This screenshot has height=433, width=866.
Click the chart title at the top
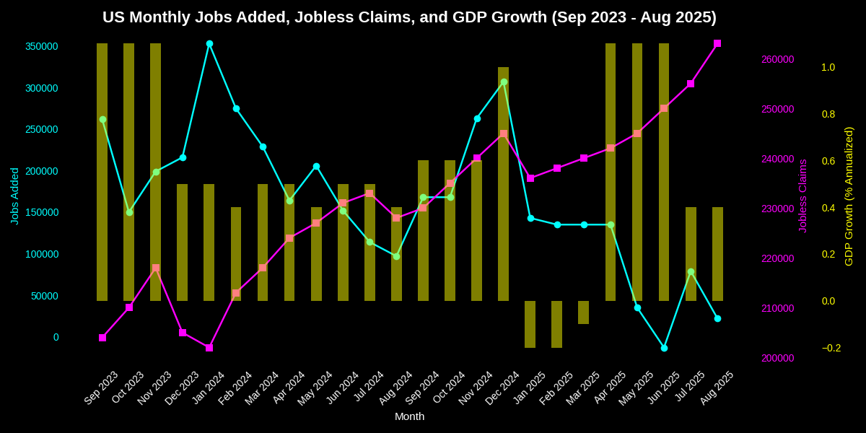409,17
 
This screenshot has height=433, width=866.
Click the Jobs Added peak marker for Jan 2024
209,44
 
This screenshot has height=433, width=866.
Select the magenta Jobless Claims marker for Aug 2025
717,44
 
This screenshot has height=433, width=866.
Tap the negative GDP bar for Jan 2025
530,324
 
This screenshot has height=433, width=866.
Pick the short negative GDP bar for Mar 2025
583,312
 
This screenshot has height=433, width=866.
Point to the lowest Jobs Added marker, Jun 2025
664,348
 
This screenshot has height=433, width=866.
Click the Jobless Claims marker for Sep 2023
102,338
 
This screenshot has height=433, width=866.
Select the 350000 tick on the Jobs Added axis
41,46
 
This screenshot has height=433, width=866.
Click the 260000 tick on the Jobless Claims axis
777,59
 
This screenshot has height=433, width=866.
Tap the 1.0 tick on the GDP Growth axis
828,67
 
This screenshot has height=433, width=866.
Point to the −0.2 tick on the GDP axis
831,348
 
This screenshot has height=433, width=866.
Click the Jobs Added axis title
14,196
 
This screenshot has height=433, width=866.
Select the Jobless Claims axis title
802,196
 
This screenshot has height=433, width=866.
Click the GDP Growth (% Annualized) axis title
849,196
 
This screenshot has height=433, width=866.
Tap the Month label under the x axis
409,416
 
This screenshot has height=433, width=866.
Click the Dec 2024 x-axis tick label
502,388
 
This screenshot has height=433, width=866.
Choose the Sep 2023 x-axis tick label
101,388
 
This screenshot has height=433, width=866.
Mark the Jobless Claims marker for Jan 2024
209,348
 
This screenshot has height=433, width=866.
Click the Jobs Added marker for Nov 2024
477,118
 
